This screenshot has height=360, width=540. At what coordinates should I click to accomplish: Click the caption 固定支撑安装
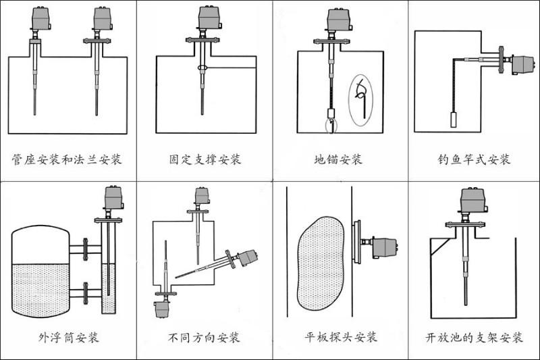[x=205, y=160]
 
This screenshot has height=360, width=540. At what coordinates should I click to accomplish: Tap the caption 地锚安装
[x=338, y=160]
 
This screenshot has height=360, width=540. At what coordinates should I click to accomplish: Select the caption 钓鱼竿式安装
[x=474, y=160]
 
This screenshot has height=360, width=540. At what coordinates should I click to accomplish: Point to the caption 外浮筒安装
[x=69, y=337]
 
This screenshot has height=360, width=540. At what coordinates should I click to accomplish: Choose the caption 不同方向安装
[x=204, y=337]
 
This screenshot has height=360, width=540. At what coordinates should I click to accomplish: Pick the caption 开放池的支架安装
[x=475, y=337]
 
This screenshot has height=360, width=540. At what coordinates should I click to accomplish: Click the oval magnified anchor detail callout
[x=362, y=99]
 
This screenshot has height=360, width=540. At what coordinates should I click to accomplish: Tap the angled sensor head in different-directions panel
[x=247, y=257]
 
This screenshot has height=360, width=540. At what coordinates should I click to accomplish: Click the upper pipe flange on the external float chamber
[x=85, y=247]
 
